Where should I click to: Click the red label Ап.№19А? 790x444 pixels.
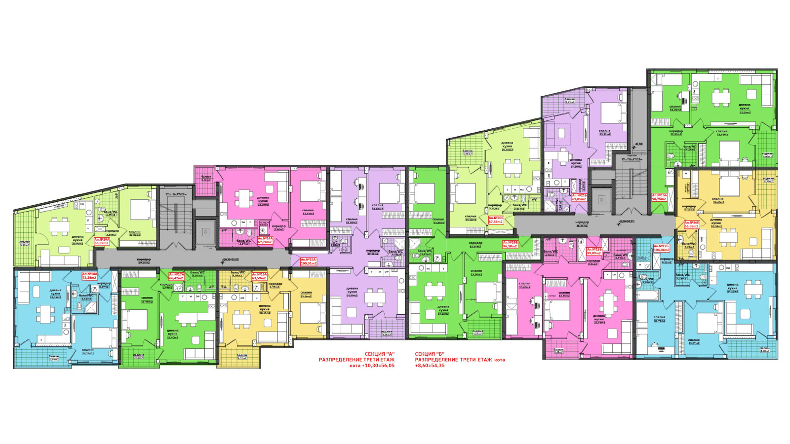click(101, 241)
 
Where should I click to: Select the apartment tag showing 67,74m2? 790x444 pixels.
click(265, 240)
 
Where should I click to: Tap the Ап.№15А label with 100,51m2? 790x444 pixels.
click(308, 261)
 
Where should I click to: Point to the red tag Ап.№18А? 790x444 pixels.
click(90, 276)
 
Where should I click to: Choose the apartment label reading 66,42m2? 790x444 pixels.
click(176, 276)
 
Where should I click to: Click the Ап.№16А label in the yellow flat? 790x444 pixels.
click(259, 276)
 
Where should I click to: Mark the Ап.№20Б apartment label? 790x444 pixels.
click(496, 220)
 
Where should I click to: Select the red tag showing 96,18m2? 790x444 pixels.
click(510, 244)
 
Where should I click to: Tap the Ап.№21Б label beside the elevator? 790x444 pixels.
click(579, 197)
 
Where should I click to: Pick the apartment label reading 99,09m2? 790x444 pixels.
click(594, 251)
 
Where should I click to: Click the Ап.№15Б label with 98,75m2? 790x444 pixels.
click(659, 197)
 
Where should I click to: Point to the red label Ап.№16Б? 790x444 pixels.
click(691, 224)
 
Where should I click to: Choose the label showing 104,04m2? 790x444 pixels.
click(661, 248)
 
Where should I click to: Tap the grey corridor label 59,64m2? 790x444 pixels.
click(144, 261)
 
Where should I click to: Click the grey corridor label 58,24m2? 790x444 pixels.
click(582, 223)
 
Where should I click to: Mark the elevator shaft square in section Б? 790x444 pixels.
click(601, 200)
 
